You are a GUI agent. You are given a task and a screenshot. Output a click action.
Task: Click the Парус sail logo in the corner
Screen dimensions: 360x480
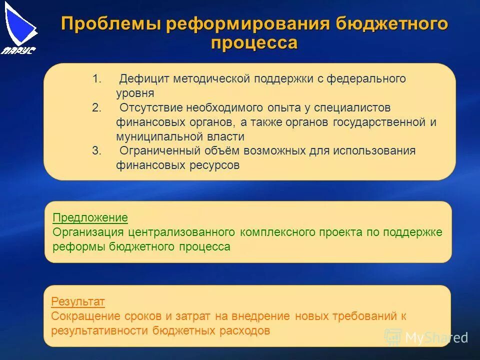pyautogui.click(x=20, y=28)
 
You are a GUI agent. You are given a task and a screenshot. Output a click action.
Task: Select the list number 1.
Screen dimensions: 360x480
pyautogui.click(x=96, y=79)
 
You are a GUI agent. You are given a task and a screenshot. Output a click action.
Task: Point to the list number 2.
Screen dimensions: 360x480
pyautogui.click(x=96, y=108)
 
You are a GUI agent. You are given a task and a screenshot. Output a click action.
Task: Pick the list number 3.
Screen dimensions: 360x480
pyautogui.click(x=96, y=151)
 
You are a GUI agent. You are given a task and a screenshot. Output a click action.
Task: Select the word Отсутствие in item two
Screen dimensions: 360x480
pyautogui.click(x=150, y=108)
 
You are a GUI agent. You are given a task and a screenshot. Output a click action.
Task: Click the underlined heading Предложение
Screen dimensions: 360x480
pyautogui.click(x=90, y=218)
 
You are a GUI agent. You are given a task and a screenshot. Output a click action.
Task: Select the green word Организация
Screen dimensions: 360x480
pyautogui.click(x=87, y=232)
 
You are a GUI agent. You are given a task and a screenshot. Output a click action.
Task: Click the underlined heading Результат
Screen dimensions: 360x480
pyautogui.click(x=78, y=302)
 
